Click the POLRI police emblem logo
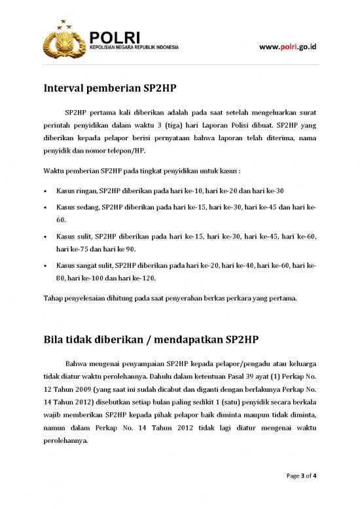(63, 40)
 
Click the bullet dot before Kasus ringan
(45, 191)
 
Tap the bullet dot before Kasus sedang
(45, 206)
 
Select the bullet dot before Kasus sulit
(45, 235)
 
